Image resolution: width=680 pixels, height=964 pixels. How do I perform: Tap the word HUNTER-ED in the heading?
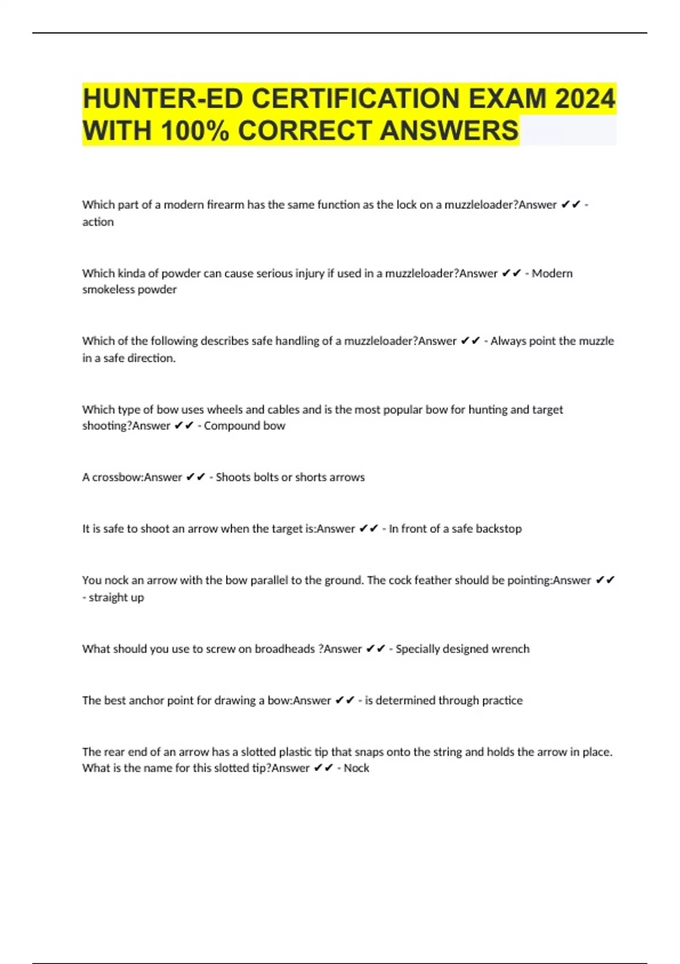162,99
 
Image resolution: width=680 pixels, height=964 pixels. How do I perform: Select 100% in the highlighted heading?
195,130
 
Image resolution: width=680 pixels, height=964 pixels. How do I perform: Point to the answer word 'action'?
98,222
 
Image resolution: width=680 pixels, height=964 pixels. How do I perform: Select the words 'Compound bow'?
244,425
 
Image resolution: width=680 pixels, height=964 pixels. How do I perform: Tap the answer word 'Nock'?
356,768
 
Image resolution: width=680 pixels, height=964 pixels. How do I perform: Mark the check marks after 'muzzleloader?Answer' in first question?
571,205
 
